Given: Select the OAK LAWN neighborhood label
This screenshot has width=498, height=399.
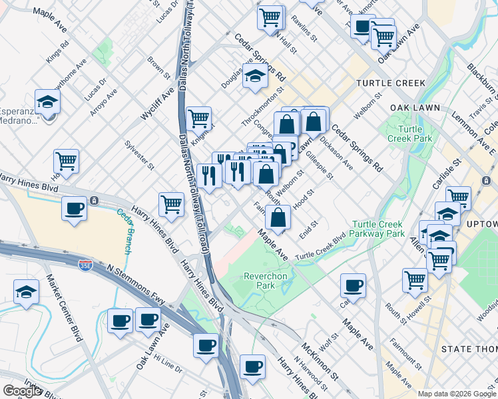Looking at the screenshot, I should [398, 107].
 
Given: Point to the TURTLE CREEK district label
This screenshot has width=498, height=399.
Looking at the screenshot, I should [390, 83].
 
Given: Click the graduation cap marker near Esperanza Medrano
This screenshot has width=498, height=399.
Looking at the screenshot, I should [47, 102].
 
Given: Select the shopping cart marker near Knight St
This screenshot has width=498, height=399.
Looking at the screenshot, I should [199, 119].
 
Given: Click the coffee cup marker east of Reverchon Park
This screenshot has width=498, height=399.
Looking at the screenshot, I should [353, 285].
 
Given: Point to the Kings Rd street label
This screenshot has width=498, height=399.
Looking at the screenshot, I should [58, 55].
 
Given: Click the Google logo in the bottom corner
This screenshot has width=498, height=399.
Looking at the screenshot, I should [21, 391].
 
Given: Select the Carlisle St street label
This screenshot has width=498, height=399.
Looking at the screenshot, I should [453, 172].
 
